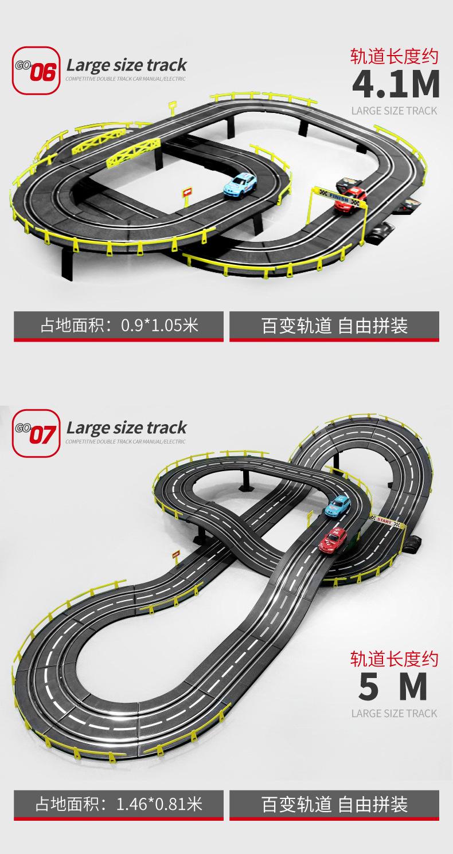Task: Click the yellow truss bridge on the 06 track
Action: tap(134, 150)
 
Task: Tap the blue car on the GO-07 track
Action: tap(338, 505)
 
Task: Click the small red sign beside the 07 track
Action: tap(175, 554)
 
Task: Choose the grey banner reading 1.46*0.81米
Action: tap(119, 804)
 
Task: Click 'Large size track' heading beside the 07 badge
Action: tap(126, 428)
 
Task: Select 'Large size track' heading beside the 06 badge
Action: tap(126, 65)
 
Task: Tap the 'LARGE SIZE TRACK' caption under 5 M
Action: tap(394, 713)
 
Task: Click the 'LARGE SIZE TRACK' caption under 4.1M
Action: tap(394, 111)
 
